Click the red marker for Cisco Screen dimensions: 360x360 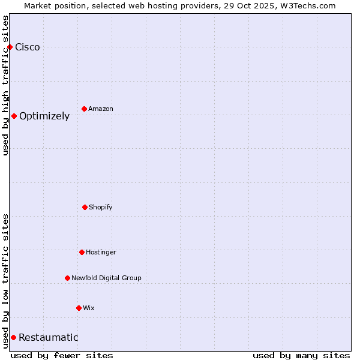click(10, 47)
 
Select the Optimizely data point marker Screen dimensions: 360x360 click(14, 116)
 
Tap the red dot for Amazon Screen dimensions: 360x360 click(84, 109)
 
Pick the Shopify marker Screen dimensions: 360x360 click(85, 207)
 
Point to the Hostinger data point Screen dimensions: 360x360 click(82, 252)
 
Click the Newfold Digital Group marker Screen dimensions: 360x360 click(67, 278)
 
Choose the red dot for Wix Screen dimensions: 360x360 click(79, 308)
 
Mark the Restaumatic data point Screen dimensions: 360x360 click(13, 337)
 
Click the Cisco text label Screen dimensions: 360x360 click(28, 47)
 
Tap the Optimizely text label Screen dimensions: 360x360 click(44, 116)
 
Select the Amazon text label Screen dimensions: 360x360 click(101, 109)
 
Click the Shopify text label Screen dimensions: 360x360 click(101, 207)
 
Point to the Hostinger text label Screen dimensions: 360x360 click(101, 252)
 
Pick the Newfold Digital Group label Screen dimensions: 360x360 click(106, 278)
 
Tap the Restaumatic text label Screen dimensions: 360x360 click(49, 338)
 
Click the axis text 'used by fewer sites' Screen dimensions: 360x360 click(62, 355)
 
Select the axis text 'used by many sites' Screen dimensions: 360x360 click(301, 355)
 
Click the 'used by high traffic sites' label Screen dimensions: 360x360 click(6, 85)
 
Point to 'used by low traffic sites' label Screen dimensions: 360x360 click(6, 281)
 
